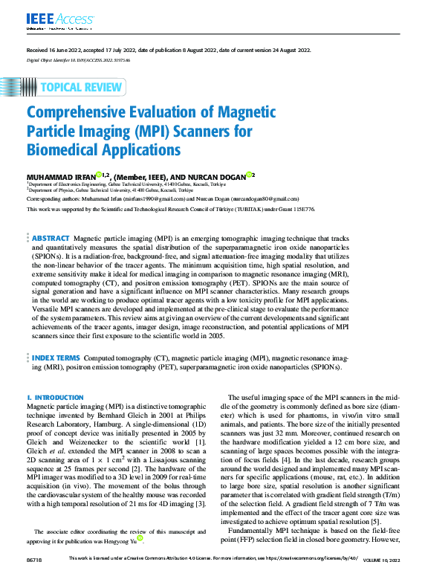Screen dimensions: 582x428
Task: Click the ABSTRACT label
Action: point(51,238)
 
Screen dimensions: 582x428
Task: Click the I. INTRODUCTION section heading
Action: point(55,398)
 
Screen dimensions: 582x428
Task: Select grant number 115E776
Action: point(304,210)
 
